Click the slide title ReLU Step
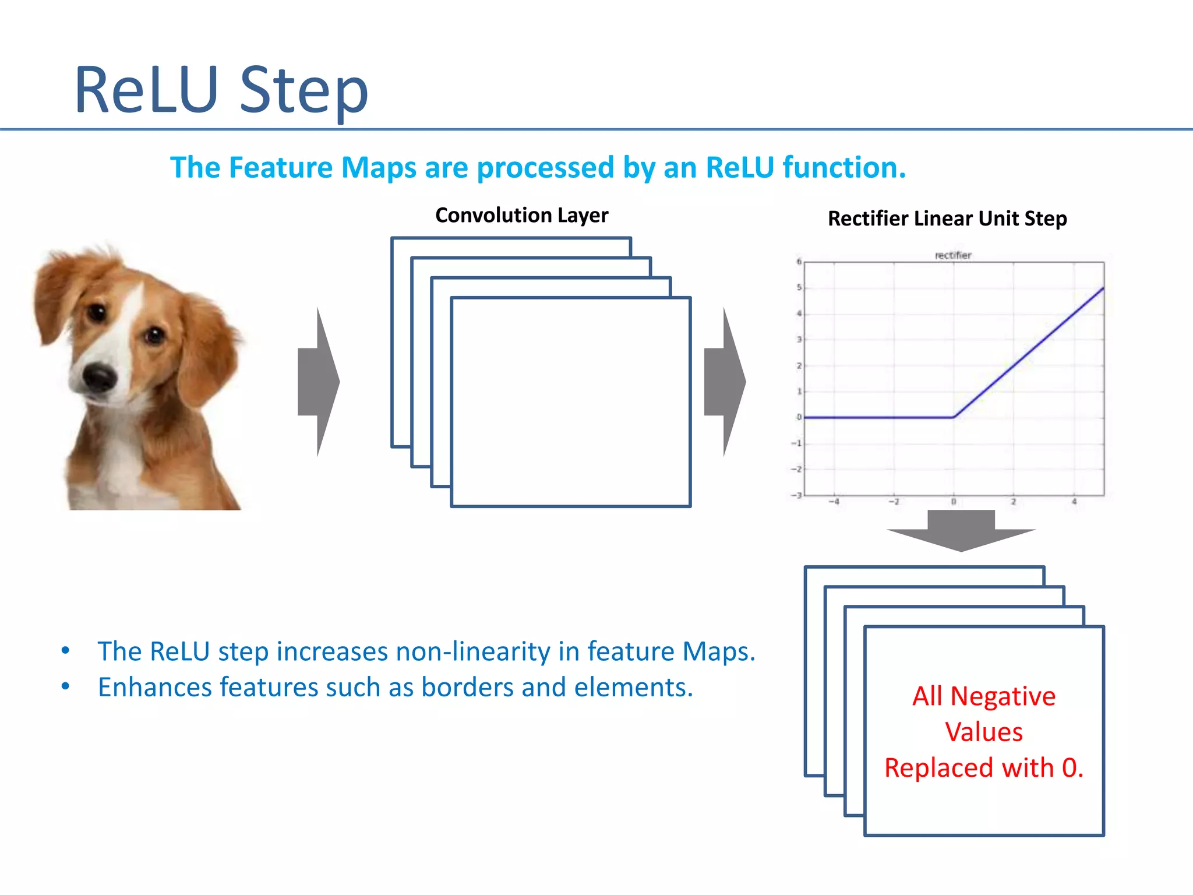221,90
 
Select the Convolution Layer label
521,216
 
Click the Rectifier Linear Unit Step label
947,219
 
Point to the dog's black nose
99,377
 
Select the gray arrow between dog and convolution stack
317,382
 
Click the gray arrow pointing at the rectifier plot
724,382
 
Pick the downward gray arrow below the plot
961,530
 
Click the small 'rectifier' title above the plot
953,255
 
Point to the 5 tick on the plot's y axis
799,288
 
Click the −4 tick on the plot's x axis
834,502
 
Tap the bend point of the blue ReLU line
954,417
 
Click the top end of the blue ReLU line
1103,288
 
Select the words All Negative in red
984,696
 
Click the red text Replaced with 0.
984,768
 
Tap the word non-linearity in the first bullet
472,651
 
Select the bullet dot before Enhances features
66,687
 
